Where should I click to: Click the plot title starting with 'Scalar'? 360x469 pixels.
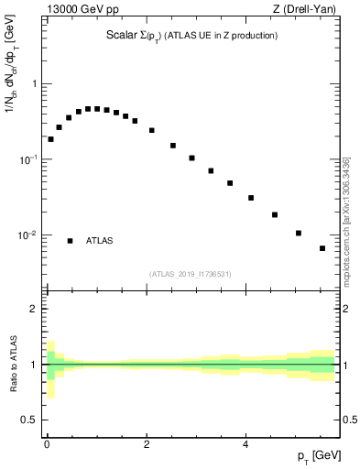[191, 36]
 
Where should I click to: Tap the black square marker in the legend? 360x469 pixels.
[70, 241]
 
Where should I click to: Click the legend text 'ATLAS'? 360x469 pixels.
[99, 241]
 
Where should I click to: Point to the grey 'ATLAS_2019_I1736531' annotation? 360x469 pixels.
[191, 274]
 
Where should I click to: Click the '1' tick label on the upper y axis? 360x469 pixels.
[34, 84]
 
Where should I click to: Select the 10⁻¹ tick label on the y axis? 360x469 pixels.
[27, 159]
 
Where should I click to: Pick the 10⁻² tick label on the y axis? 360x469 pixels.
[27, 235]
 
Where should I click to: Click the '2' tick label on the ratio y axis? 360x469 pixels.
[34, 309]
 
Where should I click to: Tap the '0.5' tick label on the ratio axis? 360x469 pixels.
[30, 420]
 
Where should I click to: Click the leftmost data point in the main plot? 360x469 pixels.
[50, 139]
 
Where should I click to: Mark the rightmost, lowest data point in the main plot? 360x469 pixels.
[322, 248]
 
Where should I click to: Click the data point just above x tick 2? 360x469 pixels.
[151, 130]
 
